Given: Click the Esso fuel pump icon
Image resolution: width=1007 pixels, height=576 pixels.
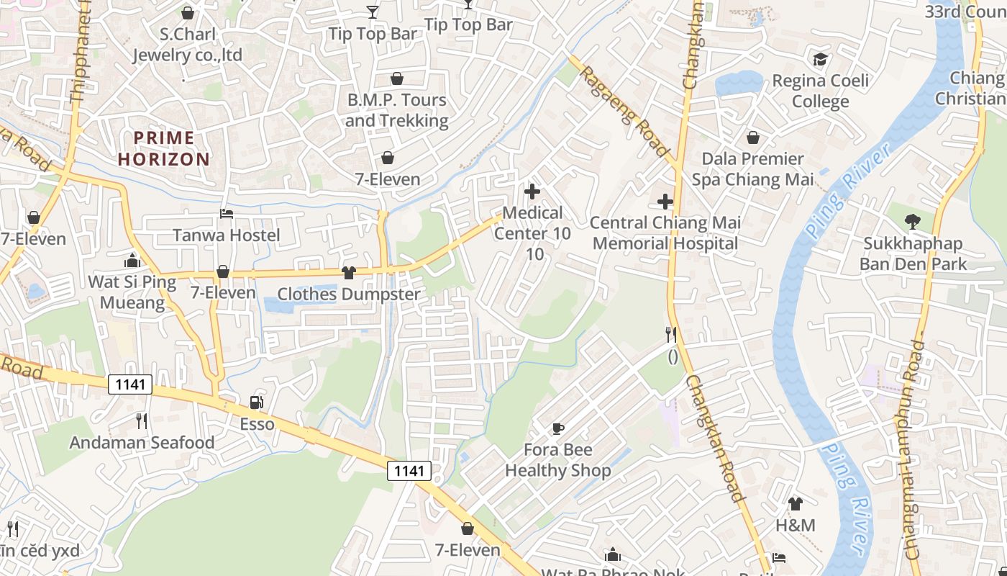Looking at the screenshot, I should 256,402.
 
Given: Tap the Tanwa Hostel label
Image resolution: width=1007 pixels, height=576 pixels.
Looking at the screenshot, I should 227,235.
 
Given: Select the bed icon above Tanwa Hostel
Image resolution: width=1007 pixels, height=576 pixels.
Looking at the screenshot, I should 226,214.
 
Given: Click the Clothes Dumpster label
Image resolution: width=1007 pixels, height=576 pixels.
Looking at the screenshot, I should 349,294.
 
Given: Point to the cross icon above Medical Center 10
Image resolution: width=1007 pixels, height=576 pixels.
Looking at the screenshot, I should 532,192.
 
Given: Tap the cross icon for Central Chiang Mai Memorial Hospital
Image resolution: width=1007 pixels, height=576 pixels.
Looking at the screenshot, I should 665,201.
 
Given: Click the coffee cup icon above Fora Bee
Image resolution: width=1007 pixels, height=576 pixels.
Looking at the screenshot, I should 557,429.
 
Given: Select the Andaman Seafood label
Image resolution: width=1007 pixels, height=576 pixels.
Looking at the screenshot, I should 142,443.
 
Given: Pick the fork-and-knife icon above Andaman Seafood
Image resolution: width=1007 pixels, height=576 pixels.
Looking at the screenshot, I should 142,420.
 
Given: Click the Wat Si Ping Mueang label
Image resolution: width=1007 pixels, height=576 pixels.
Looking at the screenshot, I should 132,292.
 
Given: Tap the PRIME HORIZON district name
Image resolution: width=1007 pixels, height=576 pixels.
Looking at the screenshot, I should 164,148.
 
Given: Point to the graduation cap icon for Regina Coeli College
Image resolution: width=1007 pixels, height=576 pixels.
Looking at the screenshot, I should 820,59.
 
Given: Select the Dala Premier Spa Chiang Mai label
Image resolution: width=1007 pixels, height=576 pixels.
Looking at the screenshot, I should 752,169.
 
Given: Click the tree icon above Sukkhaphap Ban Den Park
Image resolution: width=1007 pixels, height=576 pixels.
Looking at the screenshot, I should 913,222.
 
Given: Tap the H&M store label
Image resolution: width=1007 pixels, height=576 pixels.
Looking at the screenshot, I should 796,526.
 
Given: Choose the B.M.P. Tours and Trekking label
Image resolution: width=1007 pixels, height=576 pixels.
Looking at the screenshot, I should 396,110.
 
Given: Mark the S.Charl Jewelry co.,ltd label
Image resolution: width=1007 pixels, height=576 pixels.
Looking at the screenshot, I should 188,45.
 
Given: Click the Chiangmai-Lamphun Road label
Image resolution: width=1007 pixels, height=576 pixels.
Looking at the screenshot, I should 912,449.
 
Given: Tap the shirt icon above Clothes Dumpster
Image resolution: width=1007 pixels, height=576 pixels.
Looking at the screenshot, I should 349,272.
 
